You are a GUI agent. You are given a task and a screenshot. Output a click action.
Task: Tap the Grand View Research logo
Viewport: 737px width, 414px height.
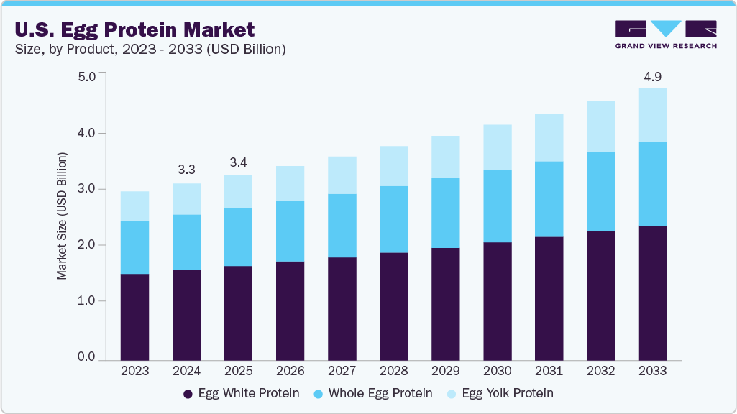[x=666, y=34]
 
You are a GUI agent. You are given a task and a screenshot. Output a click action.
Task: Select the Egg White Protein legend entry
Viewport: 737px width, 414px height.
[x=241, y=394]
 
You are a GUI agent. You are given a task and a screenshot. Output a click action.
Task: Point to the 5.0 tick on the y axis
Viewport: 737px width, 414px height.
[x=86, y=77]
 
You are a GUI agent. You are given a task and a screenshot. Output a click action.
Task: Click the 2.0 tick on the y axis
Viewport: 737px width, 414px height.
[x=86, y=245]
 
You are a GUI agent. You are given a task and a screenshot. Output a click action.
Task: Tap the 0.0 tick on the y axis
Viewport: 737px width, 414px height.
[x=86, y=357]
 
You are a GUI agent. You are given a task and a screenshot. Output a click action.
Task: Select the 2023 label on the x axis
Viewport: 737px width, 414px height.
[x=135, y=372]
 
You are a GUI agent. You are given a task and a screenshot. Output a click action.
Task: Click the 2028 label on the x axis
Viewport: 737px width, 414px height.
[x=393, y=372]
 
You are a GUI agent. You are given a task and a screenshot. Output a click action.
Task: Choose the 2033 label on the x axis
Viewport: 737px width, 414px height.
[x=652, y=372]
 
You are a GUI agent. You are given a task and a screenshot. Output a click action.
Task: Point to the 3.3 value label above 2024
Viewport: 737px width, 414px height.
[x=187, y=170]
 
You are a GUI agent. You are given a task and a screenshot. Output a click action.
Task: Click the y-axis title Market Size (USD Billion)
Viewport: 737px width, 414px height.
[x=63, y=216]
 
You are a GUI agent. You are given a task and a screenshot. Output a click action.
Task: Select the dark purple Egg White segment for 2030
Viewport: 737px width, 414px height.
[x=497, y=301]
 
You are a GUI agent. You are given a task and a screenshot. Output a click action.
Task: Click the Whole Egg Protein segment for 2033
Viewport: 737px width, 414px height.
[x=652, y=184]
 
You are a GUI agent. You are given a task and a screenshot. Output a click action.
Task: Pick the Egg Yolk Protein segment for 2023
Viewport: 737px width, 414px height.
[x=135, y=206]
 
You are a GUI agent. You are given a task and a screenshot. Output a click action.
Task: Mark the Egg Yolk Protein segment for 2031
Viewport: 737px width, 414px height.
[x=549, y=137]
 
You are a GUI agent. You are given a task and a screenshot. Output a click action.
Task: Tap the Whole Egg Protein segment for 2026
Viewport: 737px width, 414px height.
[x=290, y=231]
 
